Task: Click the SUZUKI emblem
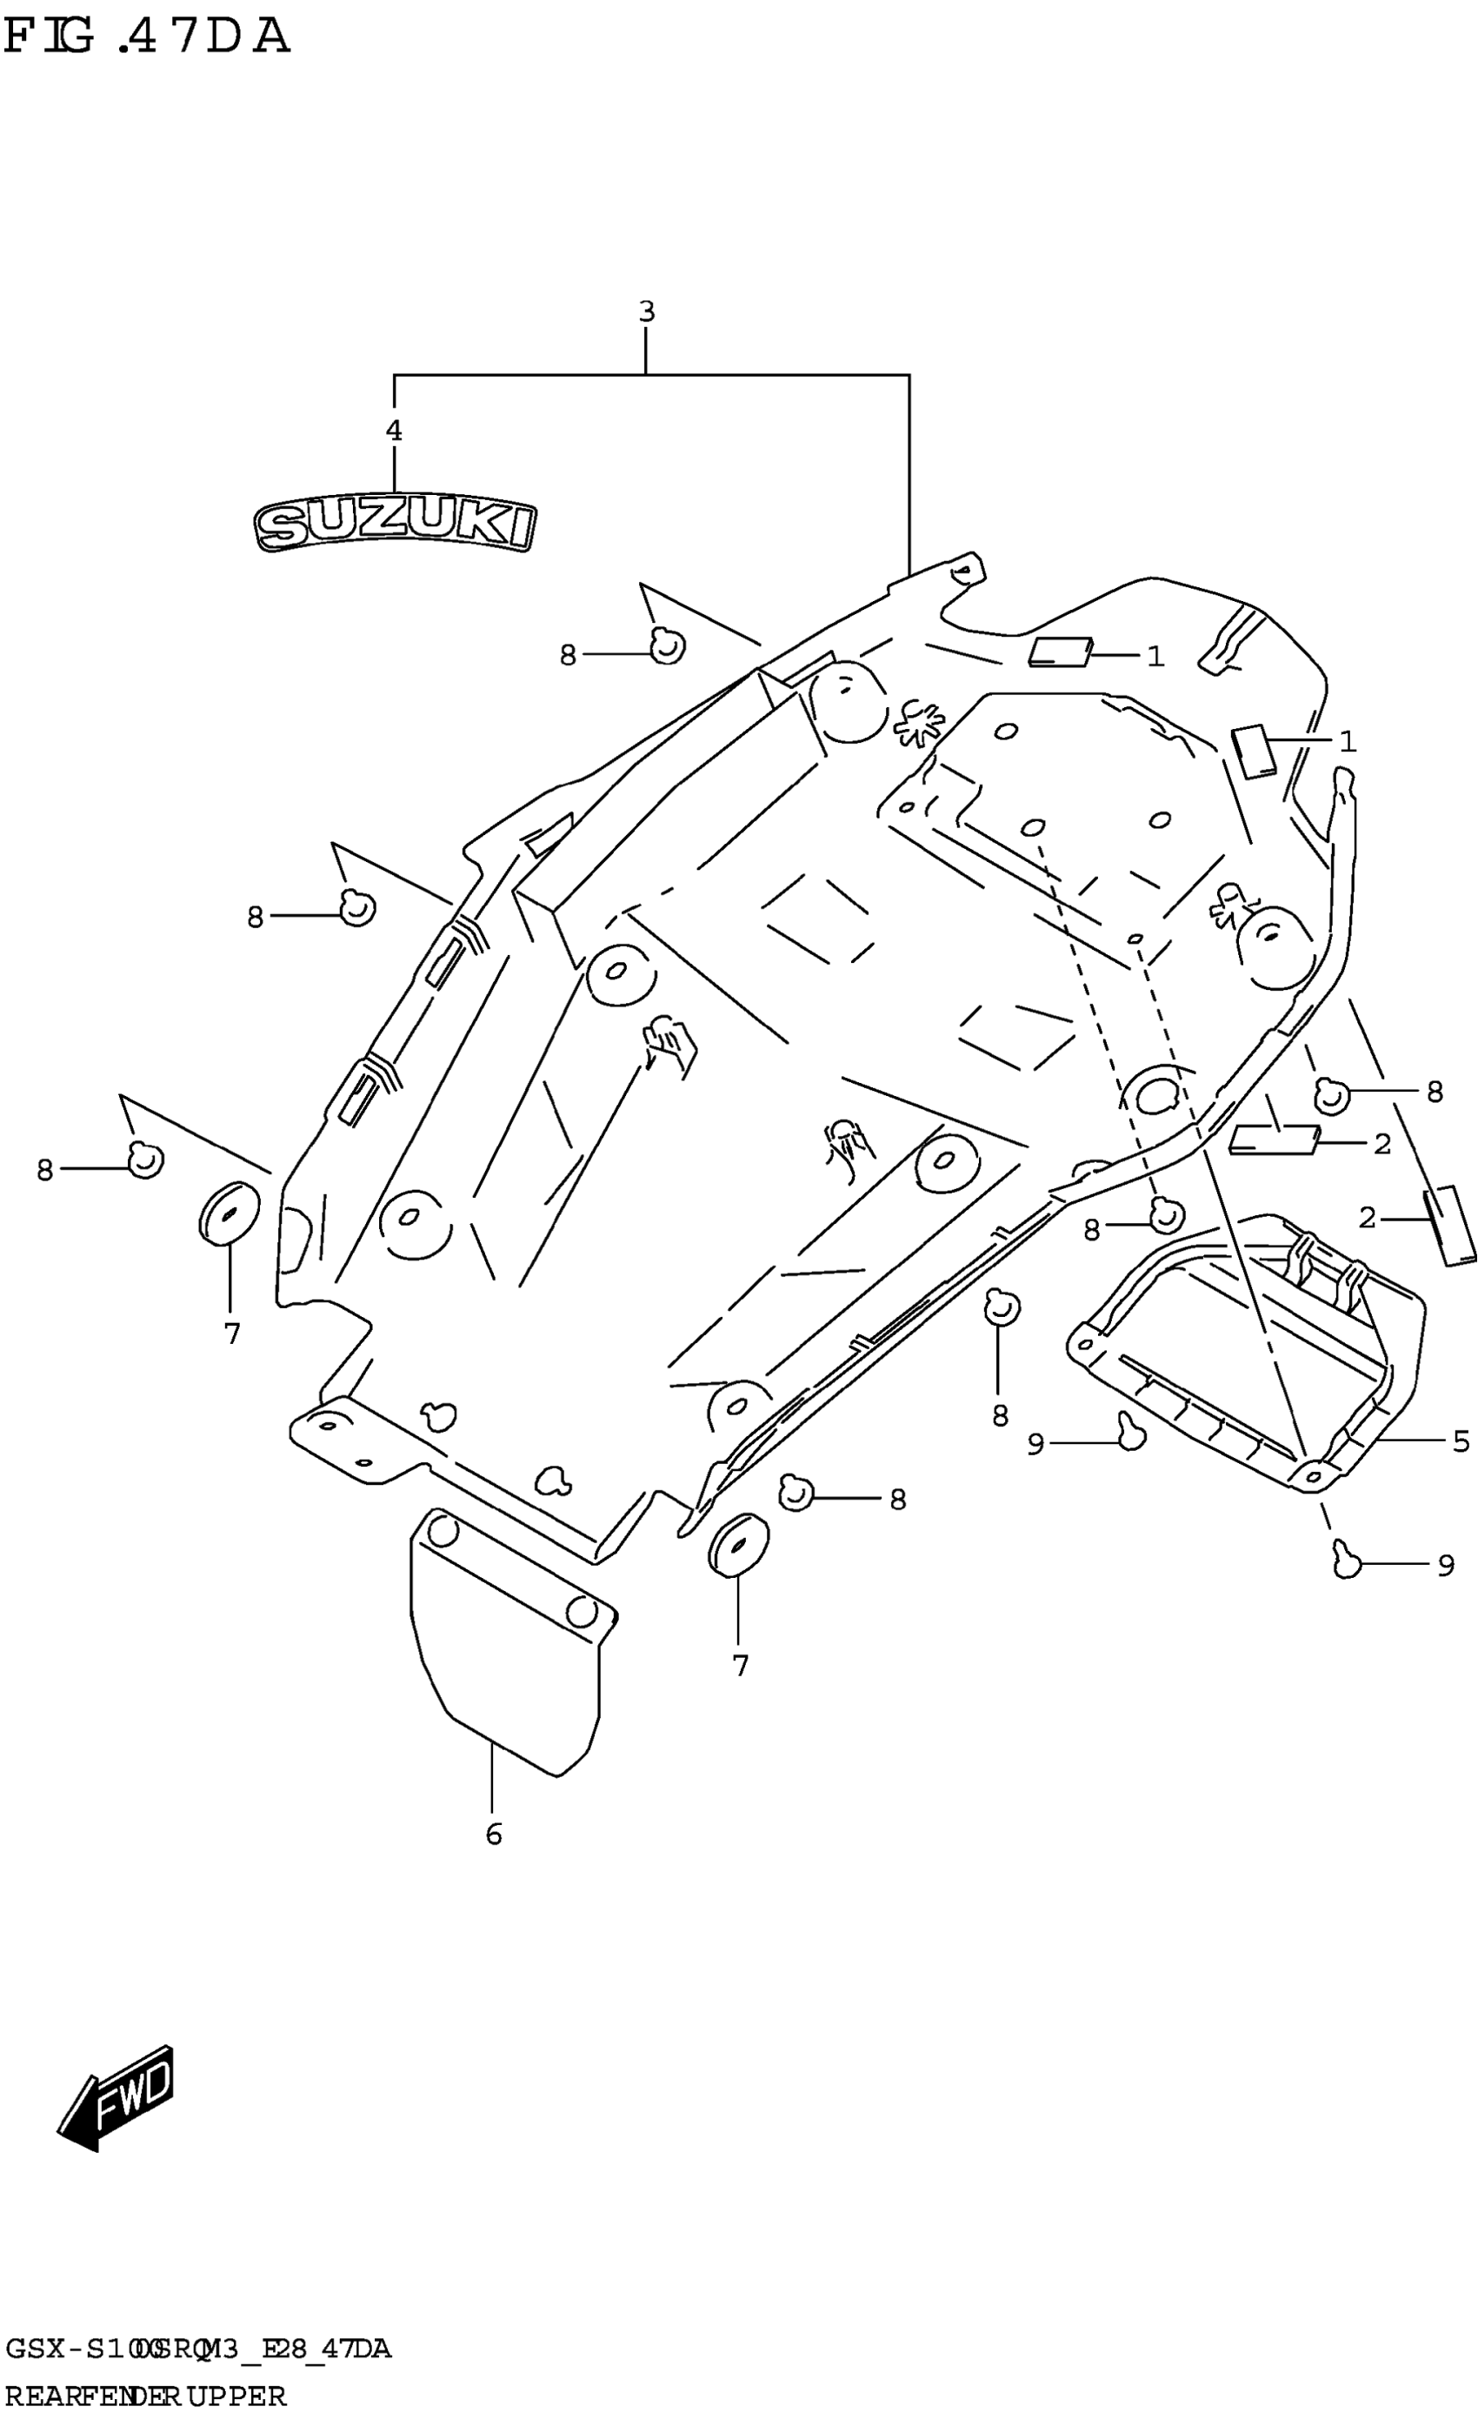click(x=395, y=527)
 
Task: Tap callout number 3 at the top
click(x=646, y=312)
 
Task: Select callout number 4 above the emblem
click(x=394, y=430)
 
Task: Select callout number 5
click(x=1461, y=1440)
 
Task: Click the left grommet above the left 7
click(x=229, y=1213)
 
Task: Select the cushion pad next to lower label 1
click(x=1254, y=750)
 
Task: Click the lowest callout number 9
click(x=1446, y=1566)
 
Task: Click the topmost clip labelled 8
click(x=668, y=645)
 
